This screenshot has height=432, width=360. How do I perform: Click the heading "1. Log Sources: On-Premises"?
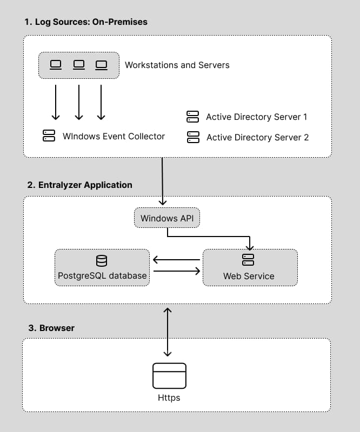point(85,22)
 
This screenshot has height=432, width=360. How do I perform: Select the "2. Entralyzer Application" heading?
point(79,185)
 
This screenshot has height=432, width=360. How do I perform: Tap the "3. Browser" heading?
point(51,328)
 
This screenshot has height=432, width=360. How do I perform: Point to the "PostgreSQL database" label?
point(102,276)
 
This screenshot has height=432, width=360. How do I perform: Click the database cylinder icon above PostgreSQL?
point(102,261)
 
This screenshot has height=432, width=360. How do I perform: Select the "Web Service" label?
point(249,276)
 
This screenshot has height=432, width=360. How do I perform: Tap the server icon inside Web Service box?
point(248,260)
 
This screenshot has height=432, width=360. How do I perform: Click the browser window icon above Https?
point(169,375)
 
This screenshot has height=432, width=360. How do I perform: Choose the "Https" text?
point(169,398)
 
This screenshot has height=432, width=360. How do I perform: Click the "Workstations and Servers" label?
point(177,65)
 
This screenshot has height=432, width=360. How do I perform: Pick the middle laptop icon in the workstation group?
point(79,65)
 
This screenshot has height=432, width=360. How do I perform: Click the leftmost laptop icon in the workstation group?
point(56,65)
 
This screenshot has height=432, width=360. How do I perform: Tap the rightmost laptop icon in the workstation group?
point(101,65)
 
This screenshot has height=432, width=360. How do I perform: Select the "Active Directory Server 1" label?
point(256,117)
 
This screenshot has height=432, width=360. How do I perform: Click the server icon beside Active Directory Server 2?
point(192,137)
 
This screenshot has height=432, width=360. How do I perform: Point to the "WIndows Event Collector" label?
point(114,136)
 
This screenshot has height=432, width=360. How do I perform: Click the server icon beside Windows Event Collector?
point(49,136)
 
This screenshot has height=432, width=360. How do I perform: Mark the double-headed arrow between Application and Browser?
point(168,332)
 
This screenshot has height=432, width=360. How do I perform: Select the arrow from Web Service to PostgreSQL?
point(176,260)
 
